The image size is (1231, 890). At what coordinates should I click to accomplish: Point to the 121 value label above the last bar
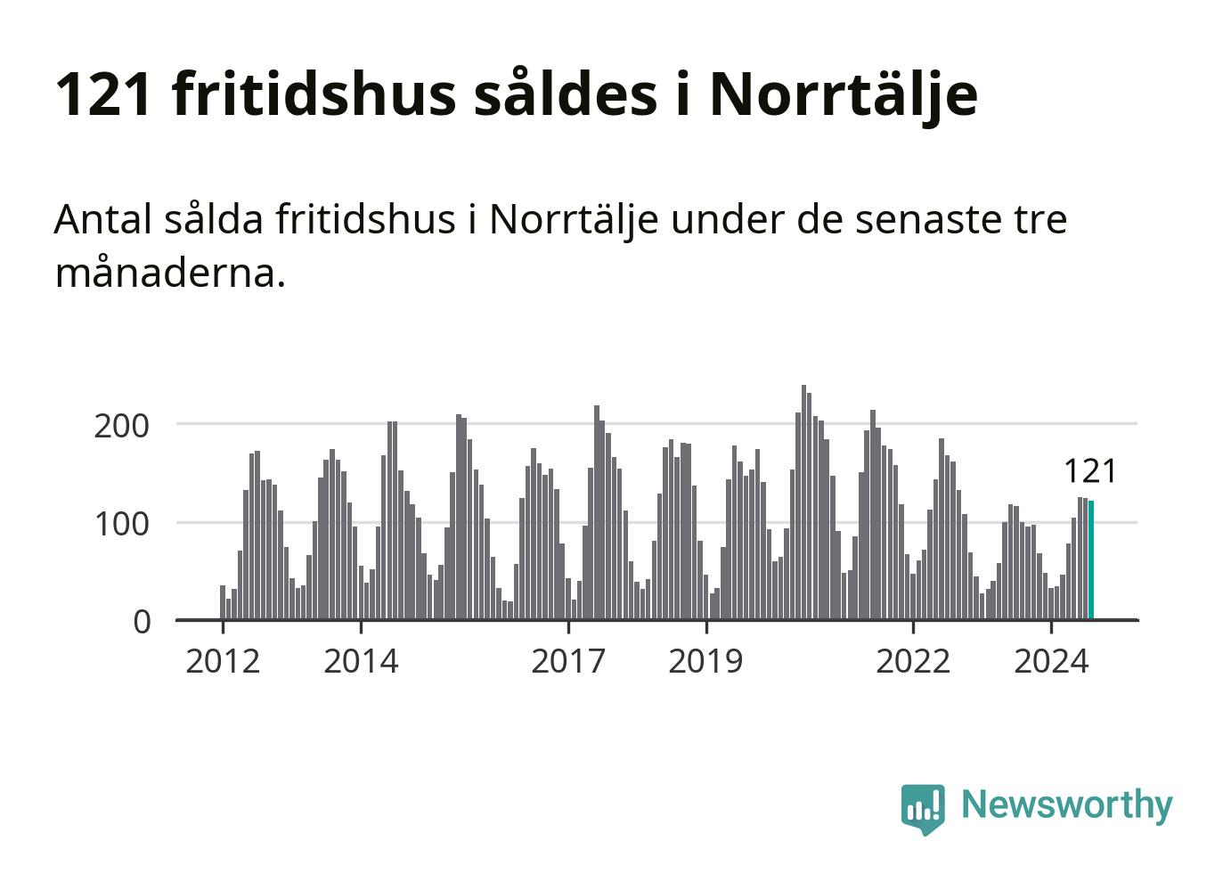coord(1089,471)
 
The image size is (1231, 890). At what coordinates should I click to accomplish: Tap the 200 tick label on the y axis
coord(121,425)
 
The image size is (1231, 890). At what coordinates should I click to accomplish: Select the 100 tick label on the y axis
coord(121,523)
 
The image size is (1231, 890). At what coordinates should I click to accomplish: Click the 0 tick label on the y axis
coord(143,622)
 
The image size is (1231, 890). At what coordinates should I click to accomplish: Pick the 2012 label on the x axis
coord(223,661)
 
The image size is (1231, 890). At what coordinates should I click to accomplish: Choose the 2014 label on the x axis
coord(361,661)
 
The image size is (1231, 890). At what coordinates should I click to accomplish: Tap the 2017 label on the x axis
coord(567,661)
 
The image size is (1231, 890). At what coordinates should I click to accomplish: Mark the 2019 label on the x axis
coord(705,661)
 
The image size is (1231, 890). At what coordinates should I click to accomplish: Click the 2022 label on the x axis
coord(913,661)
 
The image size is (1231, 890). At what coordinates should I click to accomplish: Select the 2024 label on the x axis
coord(1051,661)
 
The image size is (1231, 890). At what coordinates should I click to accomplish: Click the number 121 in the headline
coord(103,94)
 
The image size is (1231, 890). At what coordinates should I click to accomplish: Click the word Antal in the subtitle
coord(102,219)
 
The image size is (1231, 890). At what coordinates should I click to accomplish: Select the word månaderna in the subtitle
coord(169,273)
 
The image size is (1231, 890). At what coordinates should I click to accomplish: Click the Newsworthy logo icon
coord(922,808)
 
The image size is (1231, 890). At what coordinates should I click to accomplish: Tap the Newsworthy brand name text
coord(1066,804)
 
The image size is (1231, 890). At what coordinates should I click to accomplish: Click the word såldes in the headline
coord(567,94)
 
